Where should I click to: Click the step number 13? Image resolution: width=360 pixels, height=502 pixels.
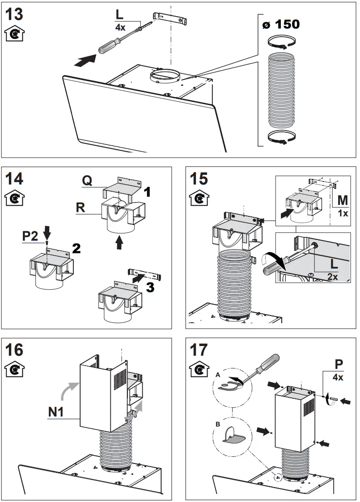coord(14,14)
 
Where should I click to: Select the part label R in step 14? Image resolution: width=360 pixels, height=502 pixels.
coord(81,208)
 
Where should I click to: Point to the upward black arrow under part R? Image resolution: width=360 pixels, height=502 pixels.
coord(119,242)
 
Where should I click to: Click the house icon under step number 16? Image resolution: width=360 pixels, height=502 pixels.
coord(14,370)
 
